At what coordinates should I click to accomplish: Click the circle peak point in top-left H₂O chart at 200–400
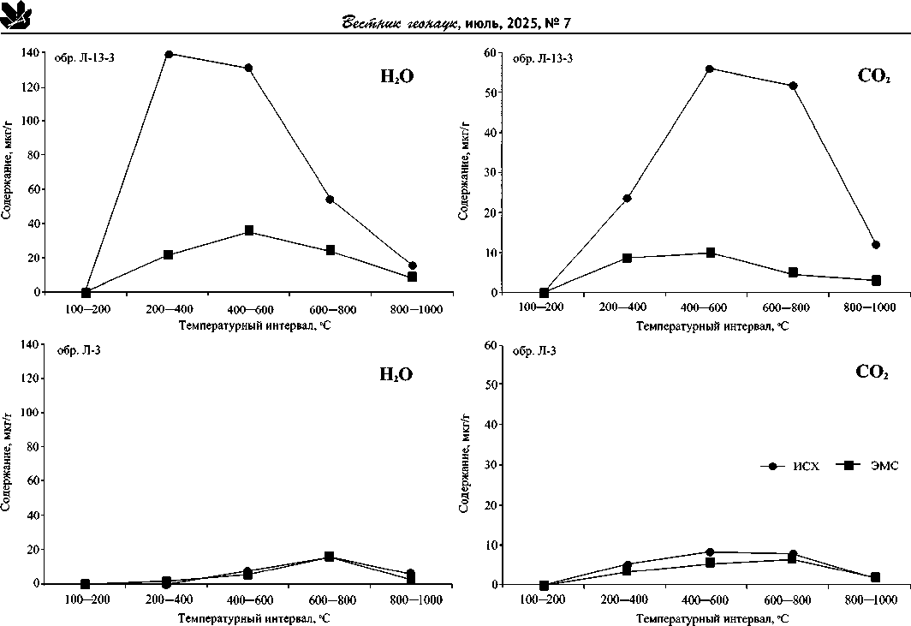point(169,54)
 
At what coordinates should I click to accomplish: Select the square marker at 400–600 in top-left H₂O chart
point(249,231)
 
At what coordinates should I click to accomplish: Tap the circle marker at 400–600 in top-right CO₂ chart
point(710,69)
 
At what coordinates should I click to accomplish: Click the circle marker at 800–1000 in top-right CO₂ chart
point(876,245)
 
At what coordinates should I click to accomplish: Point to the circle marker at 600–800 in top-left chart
point(330,200)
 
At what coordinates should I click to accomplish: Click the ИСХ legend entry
point(790,466)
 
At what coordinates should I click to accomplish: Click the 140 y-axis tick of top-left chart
point(28,53)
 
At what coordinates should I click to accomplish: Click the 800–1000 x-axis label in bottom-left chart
point(411,599)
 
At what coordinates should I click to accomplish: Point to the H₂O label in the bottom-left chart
point(396,374)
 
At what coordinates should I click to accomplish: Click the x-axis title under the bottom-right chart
point(709,617)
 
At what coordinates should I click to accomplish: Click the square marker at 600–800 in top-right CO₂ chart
point(793,273)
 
